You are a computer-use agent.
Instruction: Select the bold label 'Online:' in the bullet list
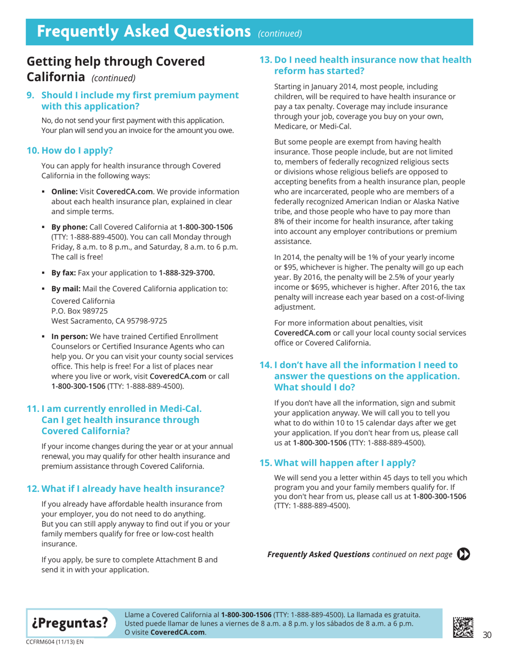(65, 191)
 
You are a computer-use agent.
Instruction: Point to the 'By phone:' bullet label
(69, 227)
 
